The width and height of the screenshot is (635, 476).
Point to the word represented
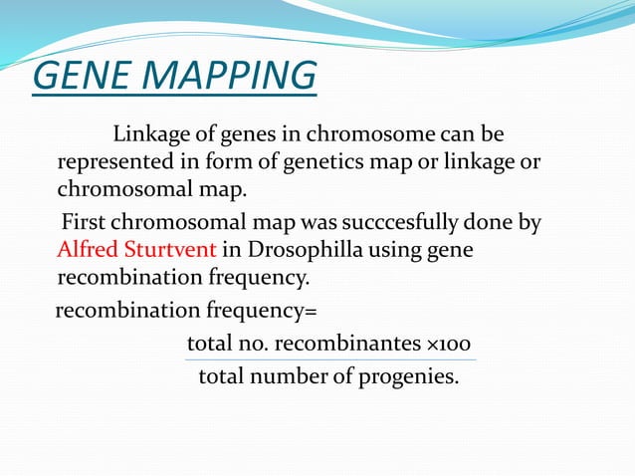[x=113, y=161]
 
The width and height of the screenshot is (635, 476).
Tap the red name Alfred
[x=85, y=249]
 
